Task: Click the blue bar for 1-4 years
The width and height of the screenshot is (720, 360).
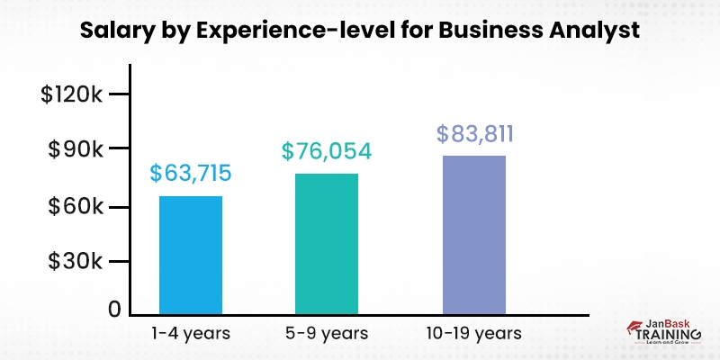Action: (190, 256)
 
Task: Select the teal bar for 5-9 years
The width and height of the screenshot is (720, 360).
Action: (327, 244)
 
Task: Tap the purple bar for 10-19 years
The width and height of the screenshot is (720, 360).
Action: (473, 236)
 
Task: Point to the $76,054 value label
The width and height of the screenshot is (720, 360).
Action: (327, 151)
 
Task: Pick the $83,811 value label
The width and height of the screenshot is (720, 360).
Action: (474, 134)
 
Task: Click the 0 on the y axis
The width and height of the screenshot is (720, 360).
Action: (114, 309)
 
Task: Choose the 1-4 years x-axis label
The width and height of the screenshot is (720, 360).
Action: (190, 333)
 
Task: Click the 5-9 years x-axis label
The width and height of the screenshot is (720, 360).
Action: (327, 333)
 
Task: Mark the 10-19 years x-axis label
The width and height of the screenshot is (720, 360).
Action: (474, 333)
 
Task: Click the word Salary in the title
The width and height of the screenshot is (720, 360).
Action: (112, 30)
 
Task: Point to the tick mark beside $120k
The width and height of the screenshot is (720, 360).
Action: (120, 94)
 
